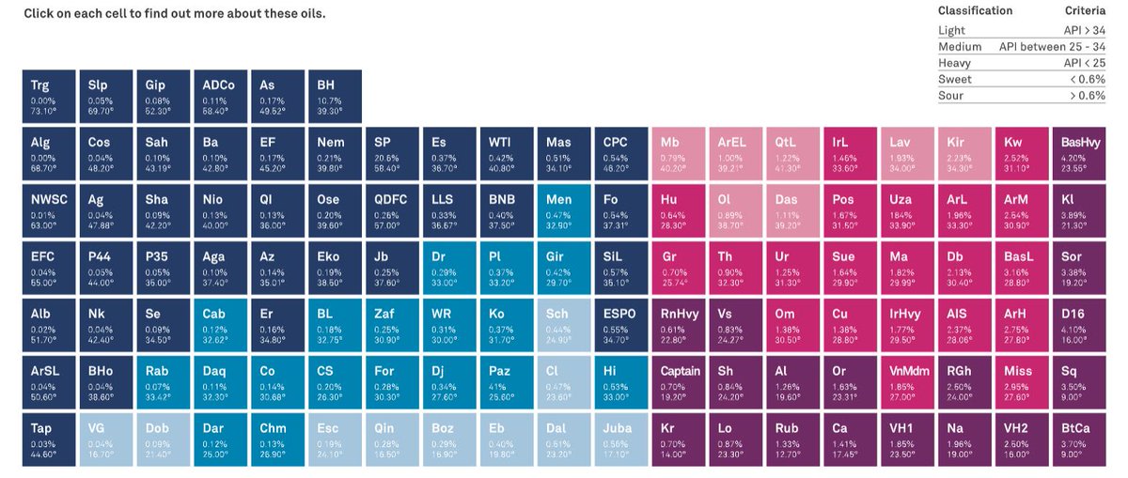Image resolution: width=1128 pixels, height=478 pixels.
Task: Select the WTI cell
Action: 506,153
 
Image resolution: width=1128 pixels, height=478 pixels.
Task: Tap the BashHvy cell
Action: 1079,153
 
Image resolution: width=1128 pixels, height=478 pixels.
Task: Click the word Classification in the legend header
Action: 975,11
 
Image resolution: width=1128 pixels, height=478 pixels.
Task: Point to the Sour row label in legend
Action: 950,96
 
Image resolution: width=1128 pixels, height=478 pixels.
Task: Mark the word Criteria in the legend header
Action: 1085,11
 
